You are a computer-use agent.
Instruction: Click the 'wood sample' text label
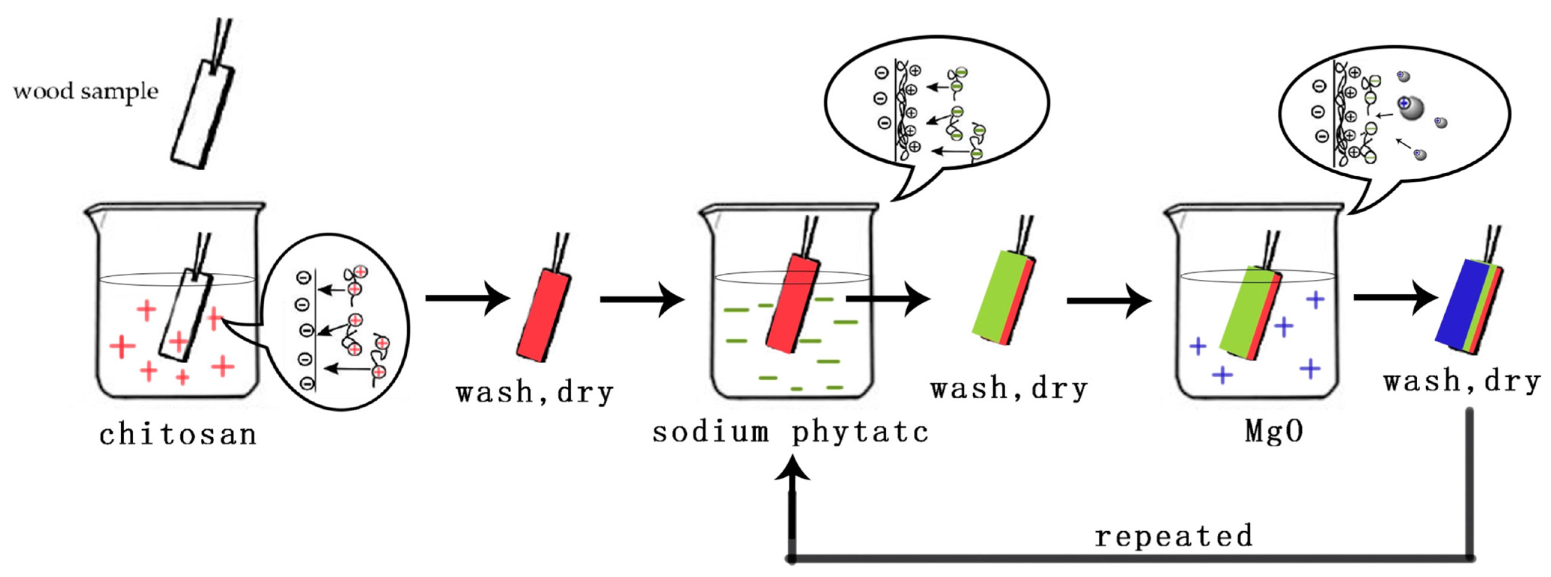pyautogui.click(x=85, y=92)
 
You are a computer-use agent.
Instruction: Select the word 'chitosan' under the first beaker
pyautogui.click(x=178, y=434)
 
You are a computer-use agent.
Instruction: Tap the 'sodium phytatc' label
pyautogui.click(x=790, y=432)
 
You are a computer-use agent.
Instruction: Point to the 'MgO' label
pyautogui.click(x=1274, y=431)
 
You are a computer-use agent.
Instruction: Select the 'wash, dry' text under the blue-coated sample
pyautogui.click(x=1461, y=381)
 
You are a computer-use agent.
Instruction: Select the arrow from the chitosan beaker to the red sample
pyautogui.click(x=467, y=298)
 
